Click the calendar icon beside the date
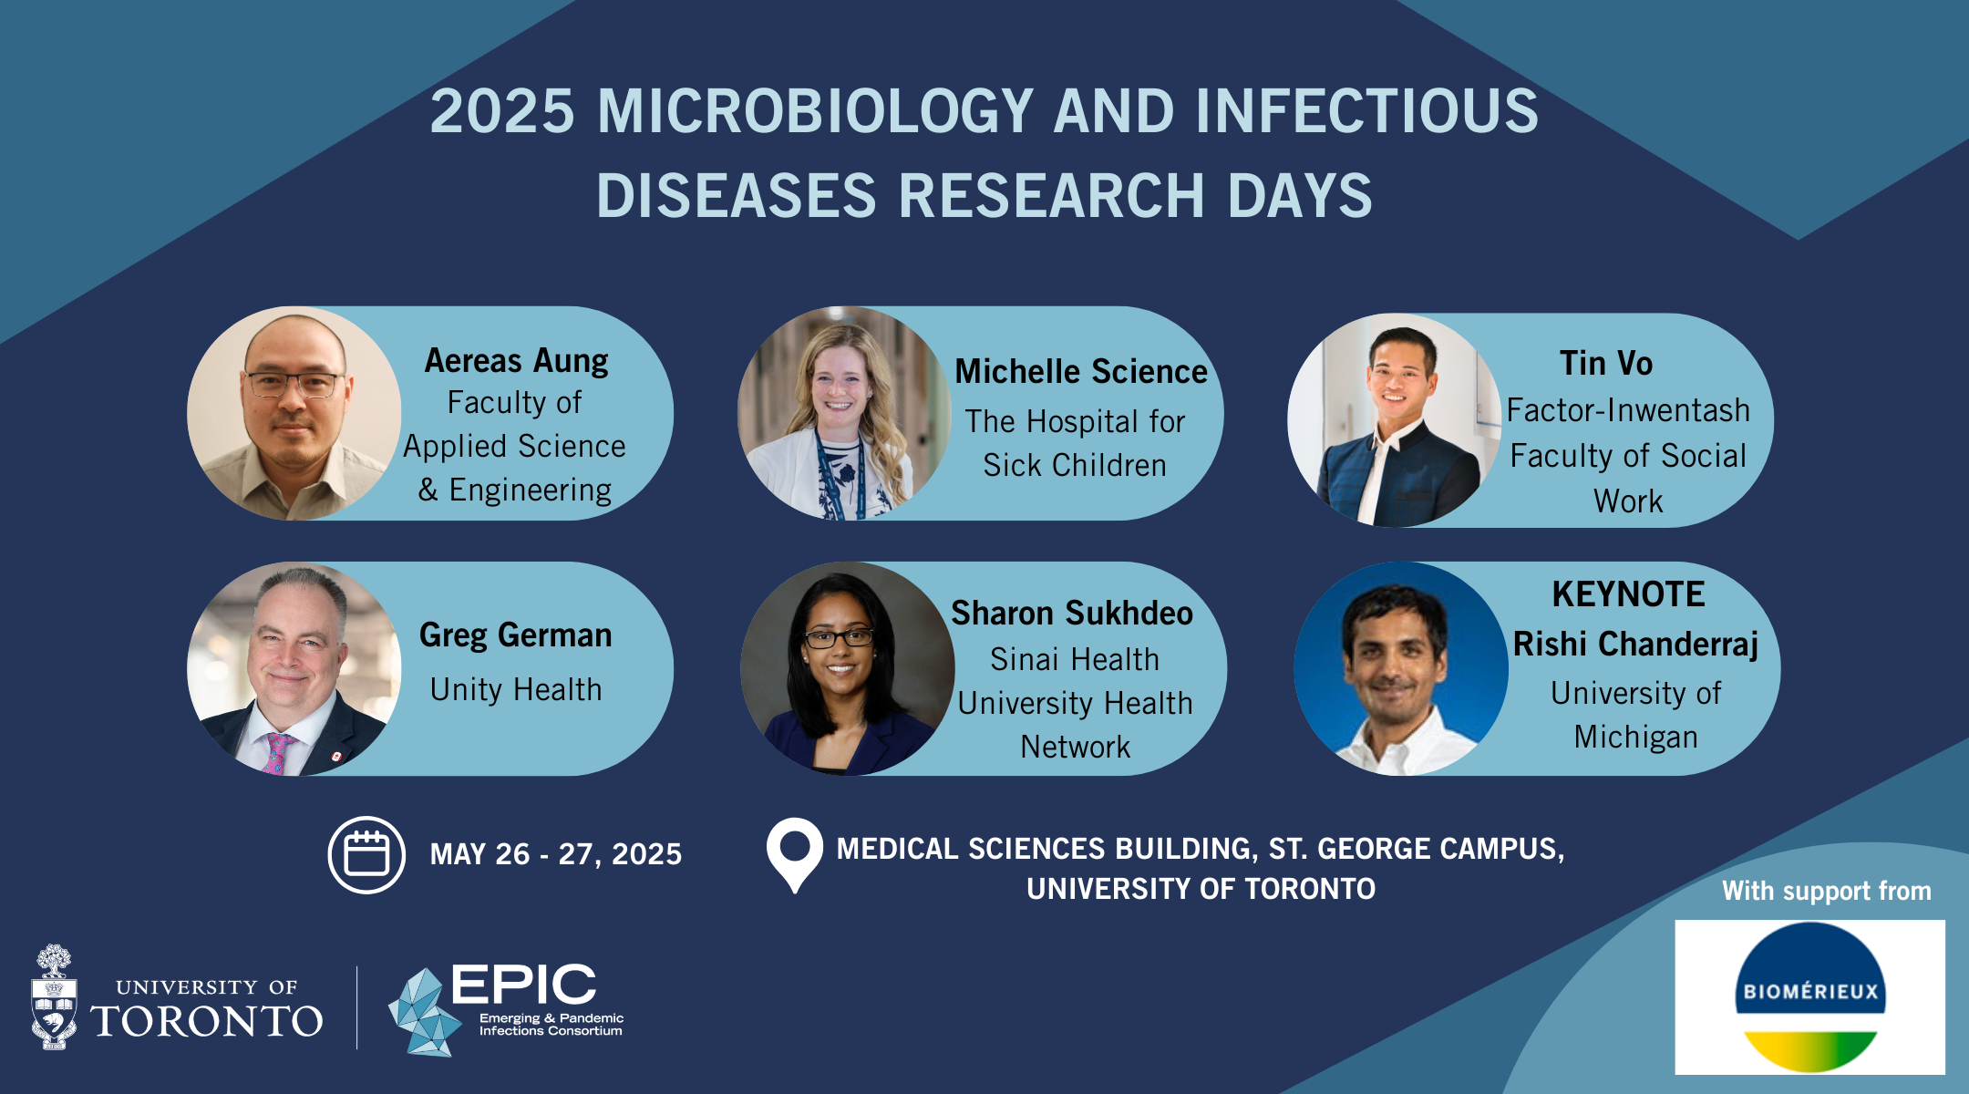[366, 854]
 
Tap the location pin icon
[795, 853]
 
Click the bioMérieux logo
[1809, 996]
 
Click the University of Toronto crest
[54, 997]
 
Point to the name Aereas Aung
[516, 361]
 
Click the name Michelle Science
[1081, 372]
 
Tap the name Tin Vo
[1606, 364]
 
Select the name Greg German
[515, 635]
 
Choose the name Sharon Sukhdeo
[1072, 614]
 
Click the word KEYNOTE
[1628, 594]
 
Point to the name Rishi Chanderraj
[1635, 645]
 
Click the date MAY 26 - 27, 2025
[556, 854]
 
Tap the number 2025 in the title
[502, 111]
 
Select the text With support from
[1827, 891]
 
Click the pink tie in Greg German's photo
[277, 753]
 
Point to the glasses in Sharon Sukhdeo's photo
[837, 638]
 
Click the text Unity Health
[516, 690]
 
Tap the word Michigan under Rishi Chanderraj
[1635, 738]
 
